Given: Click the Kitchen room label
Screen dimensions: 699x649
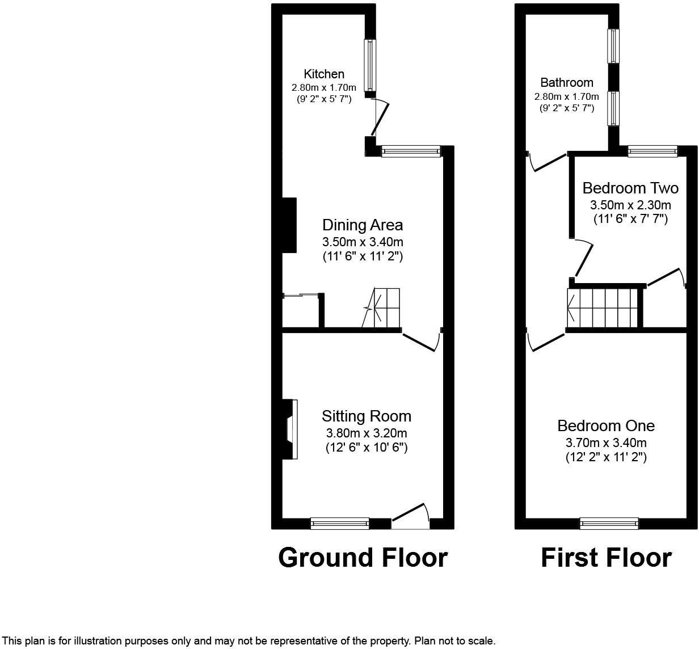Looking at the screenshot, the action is point(324,74).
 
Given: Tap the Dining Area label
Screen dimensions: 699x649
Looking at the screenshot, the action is point(363,225).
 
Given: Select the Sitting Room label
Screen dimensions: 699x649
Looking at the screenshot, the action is point(367,416).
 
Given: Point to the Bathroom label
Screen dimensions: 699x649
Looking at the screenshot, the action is point(567,82).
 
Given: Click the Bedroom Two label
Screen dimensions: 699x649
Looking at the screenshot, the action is point(630,188).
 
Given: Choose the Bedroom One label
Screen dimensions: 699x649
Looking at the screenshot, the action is point(606,426).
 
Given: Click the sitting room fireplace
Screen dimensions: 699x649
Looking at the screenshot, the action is point(290,429).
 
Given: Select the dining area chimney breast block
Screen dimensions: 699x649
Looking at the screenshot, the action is point(289,225).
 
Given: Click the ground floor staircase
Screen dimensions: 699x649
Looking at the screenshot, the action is point(381,307).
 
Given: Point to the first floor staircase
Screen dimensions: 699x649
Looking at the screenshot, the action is point(602,308).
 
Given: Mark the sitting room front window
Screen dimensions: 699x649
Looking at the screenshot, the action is point(340,524).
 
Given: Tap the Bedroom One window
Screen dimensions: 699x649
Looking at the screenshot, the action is point(609,524).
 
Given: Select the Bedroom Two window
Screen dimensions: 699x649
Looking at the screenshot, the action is point(652,151).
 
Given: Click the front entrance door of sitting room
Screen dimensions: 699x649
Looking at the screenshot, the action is point(411,516).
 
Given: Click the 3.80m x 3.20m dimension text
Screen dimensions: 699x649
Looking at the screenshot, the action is point(367,432).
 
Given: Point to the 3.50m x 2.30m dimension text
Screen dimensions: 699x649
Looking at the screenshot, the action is point(630,205).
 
